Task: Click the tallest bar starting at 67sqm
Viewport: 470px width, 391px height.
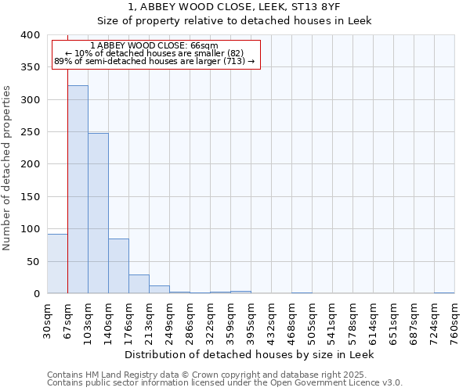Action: click(x=78, y=189)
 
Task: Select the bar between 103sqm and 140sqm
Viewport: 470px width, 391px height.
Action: click(x=98, y=213)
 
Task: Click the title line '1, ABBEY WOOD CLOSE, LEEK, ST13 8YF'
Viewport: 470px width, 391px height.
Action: click(x=234, y=7)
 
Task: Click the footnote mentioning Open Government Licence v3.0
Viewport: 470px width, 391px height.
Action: click(x=225, y=382)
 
